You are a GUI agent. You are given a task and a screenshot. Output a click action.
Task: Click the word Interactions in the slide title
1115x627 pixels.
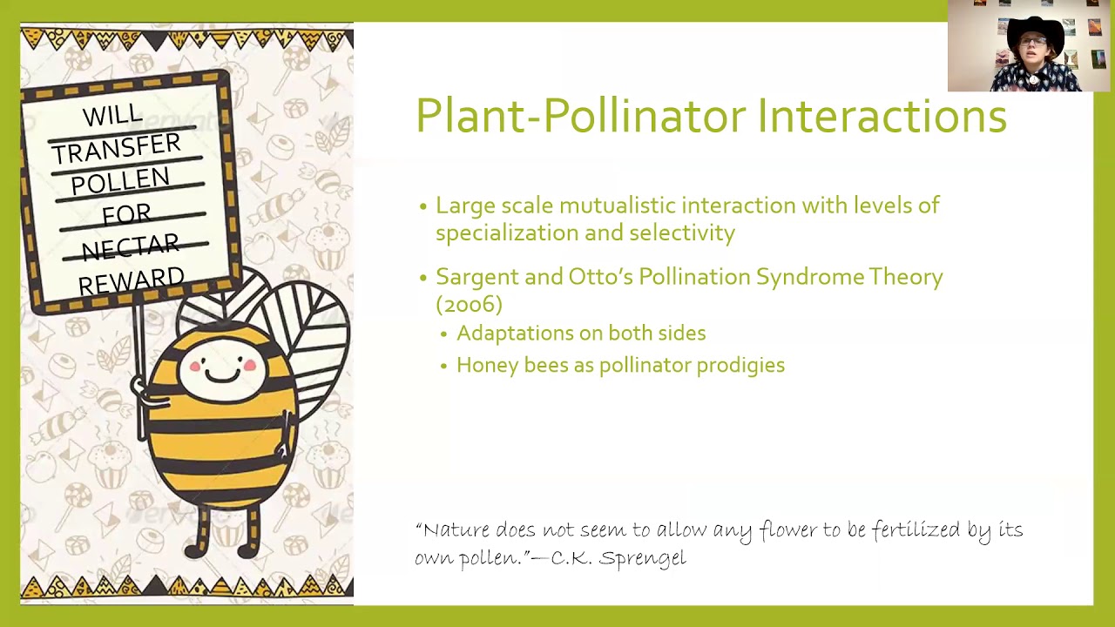pos(882,117)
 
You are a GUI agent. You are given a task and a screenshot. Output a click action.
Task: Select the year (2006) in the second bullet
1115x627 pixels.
pos(469,304)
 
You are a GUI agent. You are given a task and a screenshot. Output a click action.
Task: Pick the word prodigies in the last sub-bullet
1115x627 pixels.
pos(740,366)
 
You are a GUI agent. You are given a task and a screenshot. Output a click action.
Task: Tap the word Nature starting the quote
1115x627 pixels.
pos(455,530)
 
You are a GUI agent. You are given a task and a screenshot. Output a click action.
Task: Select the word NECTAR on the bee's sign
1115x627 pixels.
pos(131,248)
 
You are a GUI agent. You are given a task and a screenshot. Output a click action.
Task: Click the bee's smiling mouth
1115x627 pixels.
pos(222,374)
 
